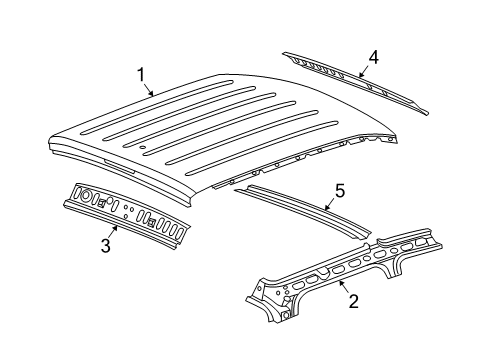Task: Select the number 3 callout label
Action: pyautogui.click(x=106, y=243)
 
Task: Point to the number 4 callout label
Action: pyautogui.click(x=373, y=57)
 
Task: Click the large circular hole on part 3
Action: pyautogui.click(x=85, y=195)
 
